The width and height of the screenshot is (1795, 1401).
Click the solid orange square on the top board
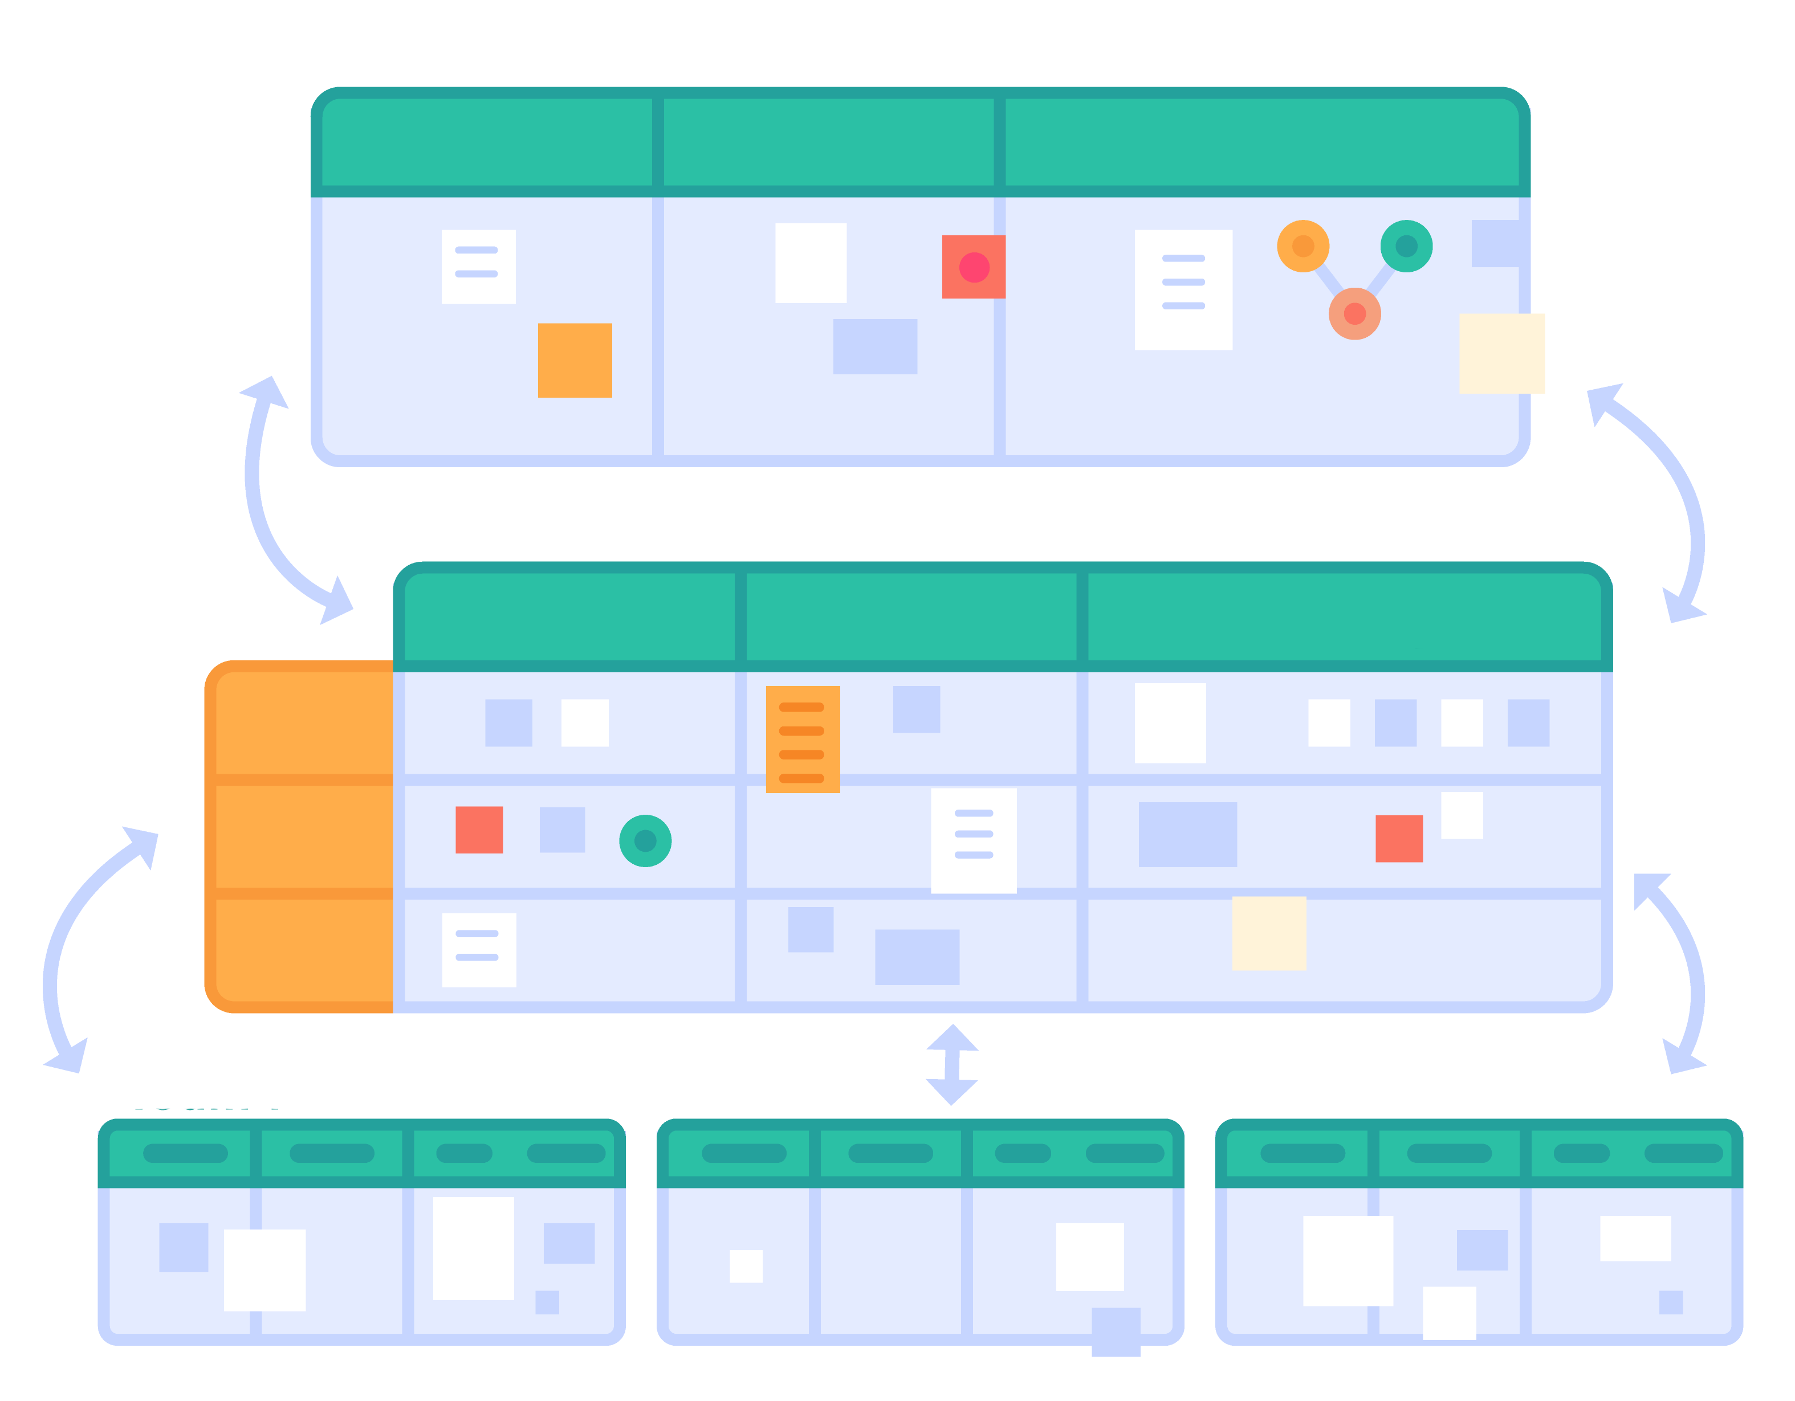click(575, 360)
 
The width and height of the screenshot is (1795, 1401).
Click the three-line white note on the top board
click(1183, 289)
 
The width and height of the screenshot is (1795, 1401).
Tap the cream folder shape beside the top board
click(1529, 353)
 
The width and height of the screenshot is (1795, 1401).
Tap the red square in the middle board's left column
click(479, 830)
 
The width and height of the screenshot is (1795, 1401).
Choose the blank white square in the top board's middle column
click(811, 263)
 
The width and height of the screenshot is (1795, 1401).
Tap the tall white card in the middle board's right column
click(1170, 723)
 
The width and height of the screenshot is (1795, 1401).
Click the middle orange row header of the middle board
click(304, 836)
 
